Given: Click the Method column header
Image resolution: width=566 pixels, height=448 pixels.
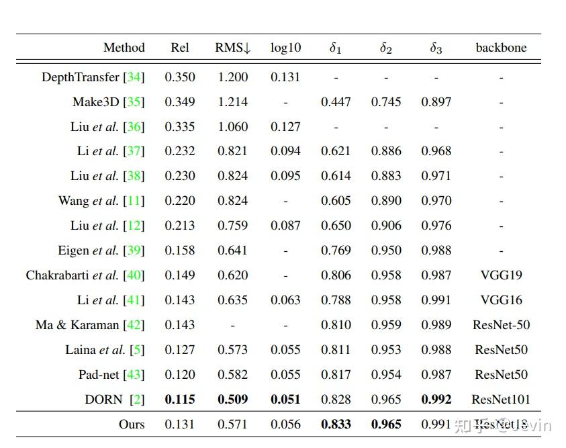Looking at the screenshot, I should click(124, 48).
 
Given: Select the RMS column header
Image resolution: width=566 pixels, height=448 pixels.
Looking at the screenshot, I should click(232, 48).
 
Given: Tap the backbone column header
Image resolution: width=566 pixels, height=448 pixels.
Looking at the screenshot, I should click(501, 48).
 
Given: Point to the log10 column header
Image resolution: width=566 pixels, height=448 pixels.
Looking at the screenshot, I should click(285, 48).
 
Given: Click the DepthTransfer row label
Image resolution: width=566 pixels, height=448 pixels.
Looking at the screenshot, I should click(93, 77).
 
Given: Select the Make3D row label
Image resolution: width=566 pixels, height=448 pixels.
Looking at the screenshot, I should click(108, 102).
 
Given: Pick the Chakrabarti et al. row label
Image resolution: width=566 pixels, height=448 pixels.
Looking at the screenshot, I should click(85, 275).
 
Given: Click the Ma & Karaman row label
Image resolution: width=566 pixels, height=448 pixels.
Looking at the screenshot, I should click(89, 325).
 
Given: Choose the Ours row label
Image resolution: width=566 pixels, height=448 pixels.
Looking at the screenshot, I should click(131, 424).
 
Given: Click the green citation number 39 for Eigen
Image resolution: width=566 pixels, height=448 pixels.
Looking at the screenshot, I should click(134, 251).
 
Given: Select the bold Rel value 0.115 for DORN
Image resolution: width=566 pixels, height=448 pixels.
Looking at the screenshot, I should click(180, 400).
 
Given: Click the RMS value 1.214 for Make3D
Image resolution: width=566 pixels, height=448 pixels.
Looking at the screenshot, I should click(232, 102).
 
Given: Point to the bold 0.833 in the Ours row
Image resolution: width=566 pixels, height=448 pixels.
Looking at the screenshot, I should click(336, 424).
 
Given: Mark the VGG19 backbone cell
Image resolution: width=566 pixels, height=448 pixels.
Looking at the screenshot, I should click(501, 275).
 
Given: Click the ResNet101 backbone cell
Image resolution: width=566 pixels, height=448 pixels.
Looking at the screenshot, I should click(501, 400).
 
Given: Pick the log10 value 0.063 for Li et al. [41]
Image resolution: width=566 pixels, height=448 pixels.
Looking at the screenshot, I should click(285, 300).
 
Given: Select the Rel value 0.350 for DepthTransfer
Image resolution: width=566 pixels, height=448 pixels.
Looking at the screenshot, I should click(180, 77).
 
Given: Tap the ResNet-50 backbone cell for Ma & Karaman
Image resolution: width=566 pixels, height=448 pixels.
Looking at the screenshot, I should click(501, 325).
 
